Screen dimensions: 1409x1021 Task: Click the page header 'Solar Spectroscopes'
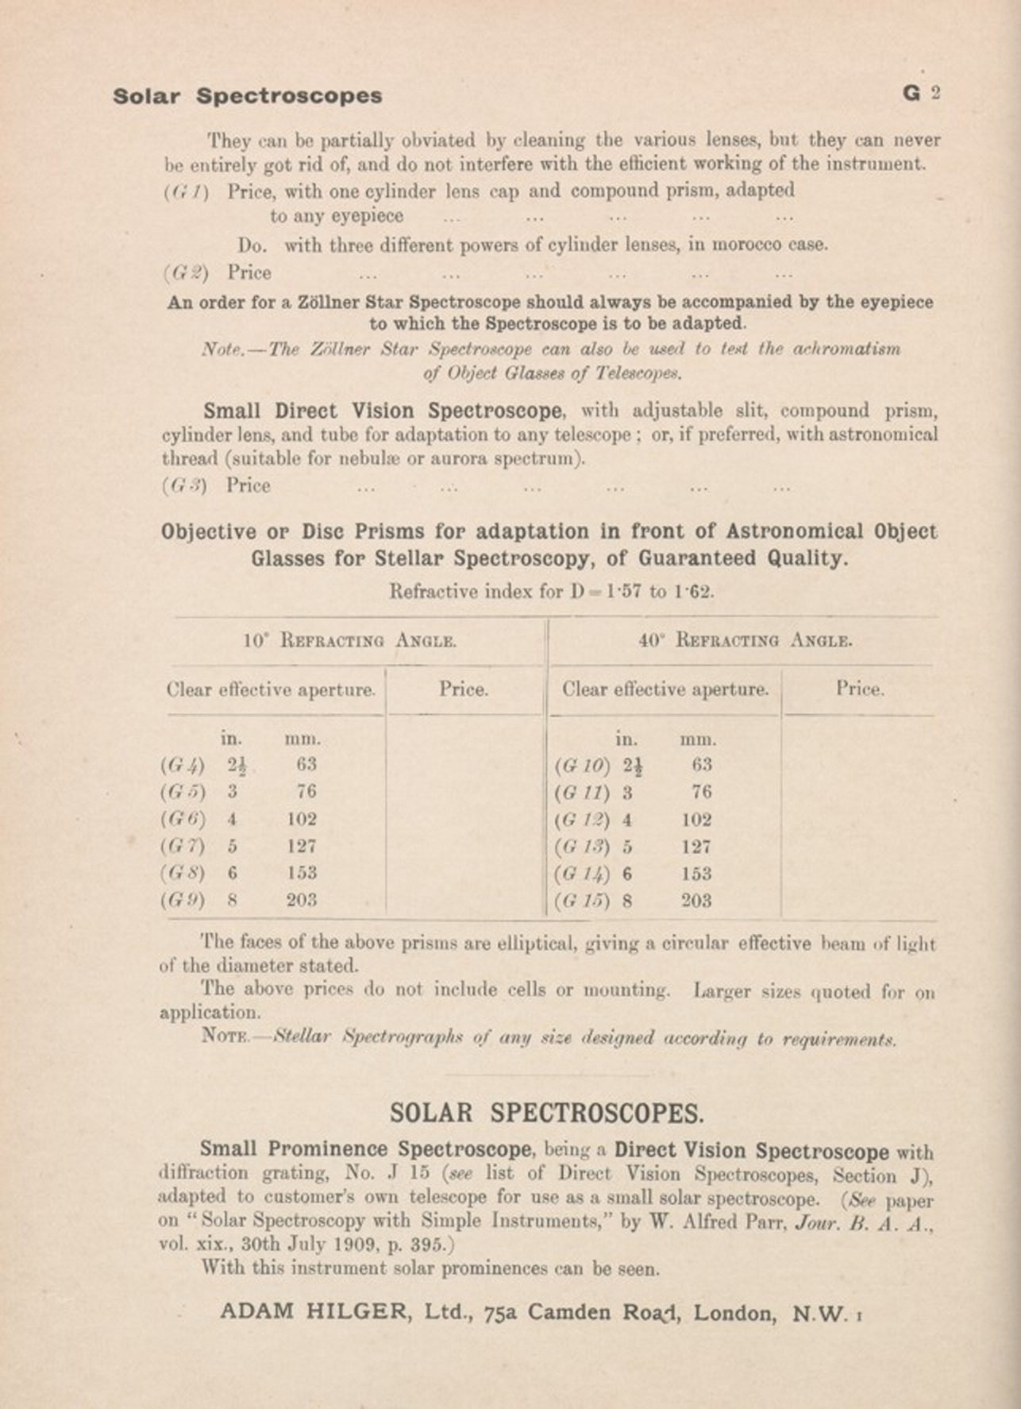click(x=247, y=96)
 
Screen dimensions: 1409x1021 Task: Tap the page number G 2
click(x=921, y=93)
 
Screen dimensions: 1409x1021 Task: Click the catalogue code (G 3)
click(x=184, y=486)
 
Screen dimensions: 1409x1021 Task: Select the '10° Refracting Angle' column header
click(x=350, y=641)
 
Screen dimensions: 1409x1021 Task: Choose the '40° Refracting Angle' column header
click(x=746, y=641)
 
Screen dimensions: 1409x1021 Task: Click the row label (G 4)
click(x=183, y=766)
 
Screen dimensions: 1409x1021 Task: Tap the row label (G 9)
click(x=183, y=901)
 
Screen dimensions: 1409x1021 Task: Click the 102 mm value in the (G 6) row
click(x=302, y=819)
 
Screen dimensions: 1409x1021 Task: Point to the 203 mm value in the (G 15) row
click(x=696, y=901)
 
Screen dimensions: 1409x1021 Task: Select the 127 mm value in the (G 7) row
click(x=302, y=846)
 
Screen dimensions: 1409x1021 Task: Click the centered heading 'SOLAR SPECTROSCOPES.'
click(x=546, y=1114)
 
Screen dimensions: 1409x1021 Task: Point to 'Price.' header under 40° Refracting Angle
click(x=860, y=689)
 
